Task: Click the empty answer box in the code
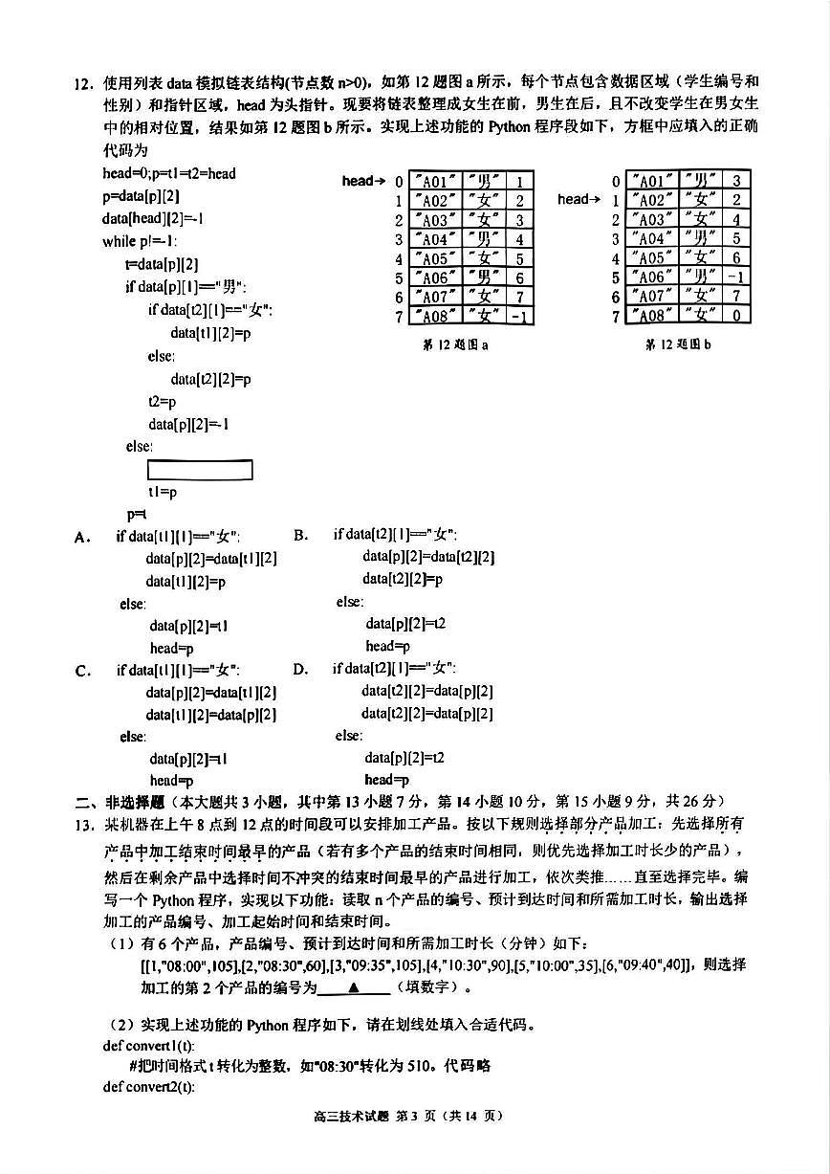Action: click(x=200, y=470)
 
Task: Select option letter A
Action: click(x=82, y=537)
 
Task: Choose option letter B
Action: click(x=300, y=535)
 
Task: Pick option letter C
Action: click(x=82, y=670)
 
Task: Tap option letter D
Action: click(x=300, y=669)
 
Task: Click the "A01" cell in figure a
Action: click(x=435, y=182)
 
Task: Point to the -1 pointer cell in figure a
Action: click(x=519, y=316)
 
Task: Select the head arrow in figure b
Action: click(x=579, y=199)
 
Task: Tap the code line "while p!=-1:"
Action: click(x=140, y=241)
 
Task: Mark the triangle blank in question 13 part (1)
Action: click(x=353, y=986)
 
